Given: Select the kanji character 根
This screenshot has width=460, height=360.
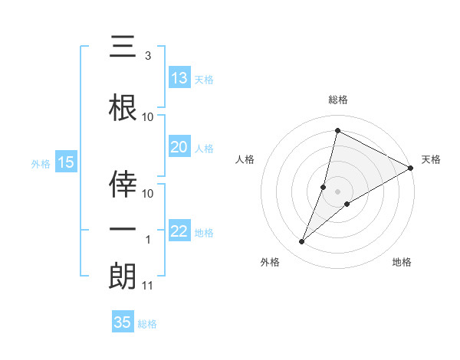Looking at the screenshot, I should coord(123,109).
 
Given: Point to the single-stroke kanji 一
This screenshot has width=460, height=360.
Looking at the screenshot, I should coord(123,230).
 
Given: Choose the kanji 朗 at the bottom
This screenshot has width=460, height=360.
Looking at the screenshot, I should coord(123,276).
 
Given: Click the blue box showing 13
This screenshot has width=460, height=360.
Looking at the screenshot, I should coord(179,78).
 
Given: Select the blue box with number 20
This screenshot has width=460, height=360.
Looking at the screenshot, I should coord(179,147).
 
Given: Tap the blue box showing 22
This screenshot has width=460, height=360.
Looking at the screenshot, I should coord(179,231).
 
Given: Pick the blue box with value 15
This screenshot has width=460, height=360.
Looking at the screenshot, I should coord(65,162).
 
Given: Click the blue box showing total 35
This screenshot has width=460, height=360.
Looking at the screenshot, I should coord(123,322).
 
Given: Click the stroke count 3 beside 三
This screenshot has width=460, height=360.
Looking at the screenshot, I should coord(148,56).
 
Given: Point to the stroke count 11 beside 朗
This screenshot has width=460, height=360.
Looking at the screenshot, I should coord(148,286).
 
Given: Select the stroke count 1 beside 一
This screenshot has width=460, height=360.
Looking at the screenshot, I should coord(148,240).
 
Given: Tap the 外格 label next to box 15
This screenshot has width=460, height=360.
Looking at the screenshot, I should coord(40,163).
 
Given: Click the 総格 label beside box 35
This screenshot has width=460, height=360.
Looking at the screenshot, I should coord(147,323).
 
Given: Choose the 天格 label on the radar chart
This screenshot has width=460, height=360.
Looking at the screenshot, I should coord(431,159).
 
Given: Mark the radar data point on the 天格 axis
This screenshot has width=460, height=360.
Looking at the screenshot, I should coord(411,169).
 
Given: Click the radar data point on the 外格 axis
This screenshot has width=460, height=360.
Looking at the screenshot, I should coord(302,242).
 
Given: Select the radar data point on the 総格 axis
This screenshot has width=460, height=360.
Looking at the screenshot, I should coord(337,131).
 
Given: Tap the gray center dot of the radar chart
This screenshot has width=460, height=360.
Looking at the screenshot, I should coord(337,191).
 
